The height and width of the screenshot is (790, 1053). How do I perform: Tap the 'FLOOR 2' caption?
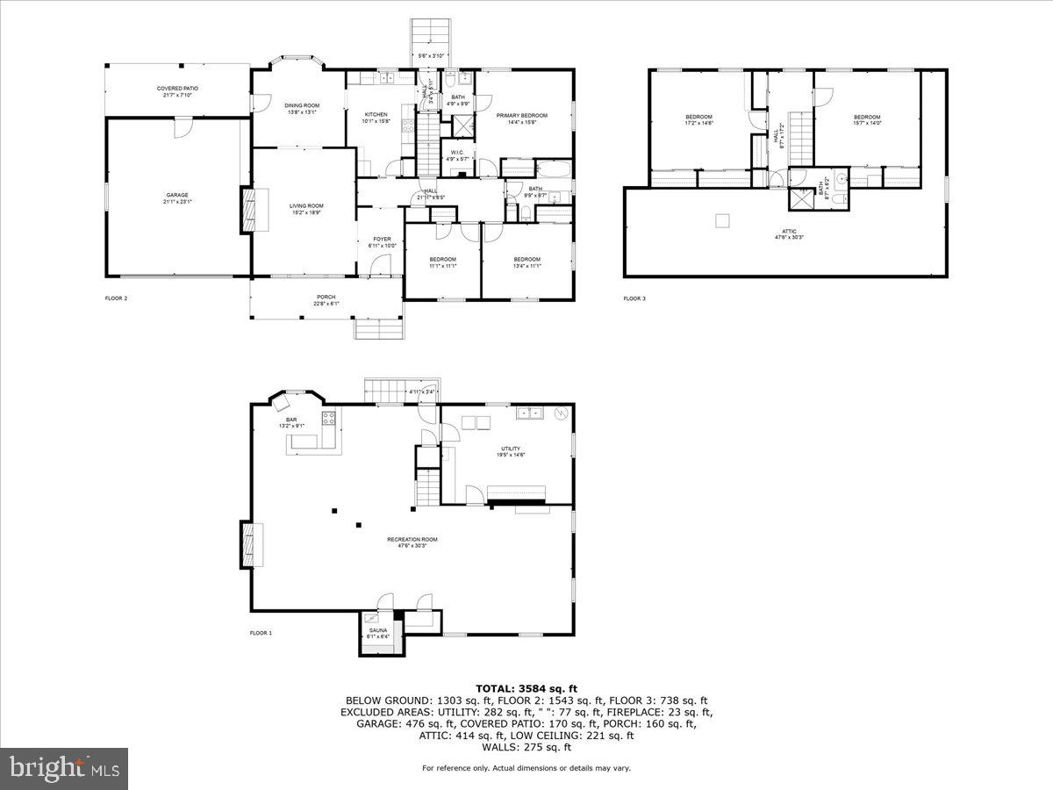116,298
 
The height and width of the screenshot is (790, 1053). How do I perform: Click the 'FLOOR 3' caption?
634,298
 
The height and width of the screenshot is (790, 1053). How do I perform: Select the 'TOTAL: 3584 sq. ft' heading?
526,688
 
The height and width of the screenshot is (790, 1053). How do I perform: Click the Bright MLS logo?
64,769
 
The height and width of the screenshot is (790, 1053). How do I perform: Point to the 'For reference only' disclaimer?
526,768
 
